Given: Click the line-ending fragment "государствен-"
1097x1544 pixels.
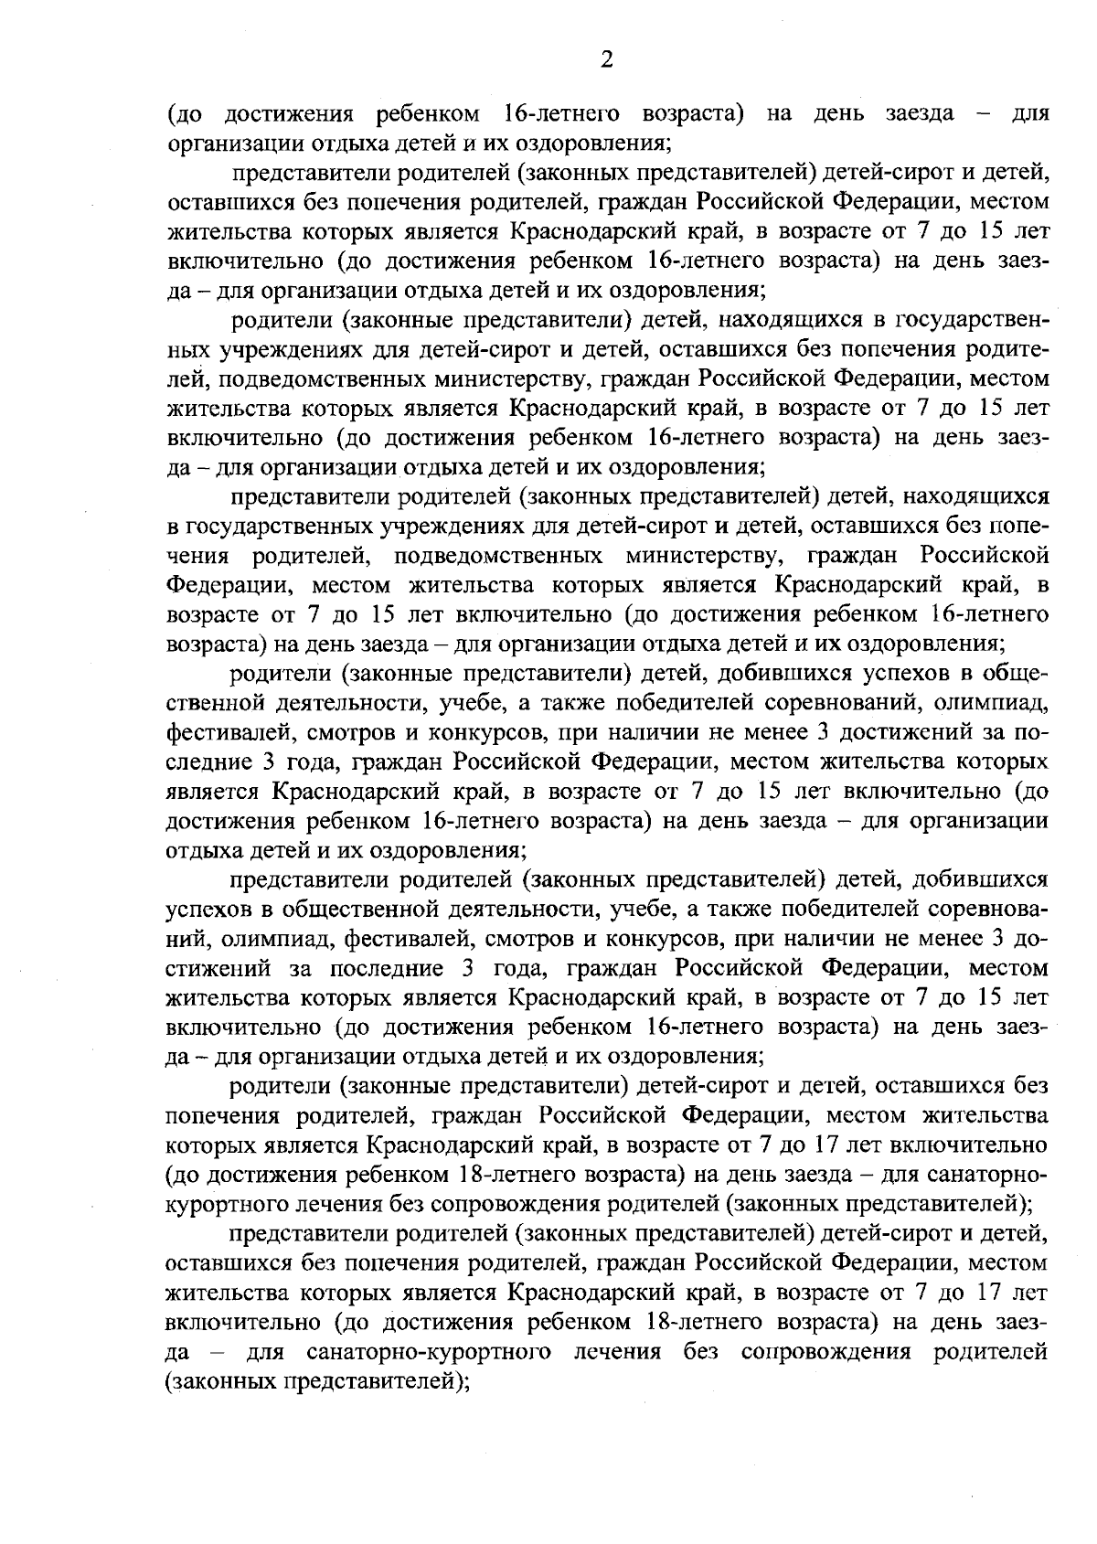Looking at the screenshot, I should click(970, 321).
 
